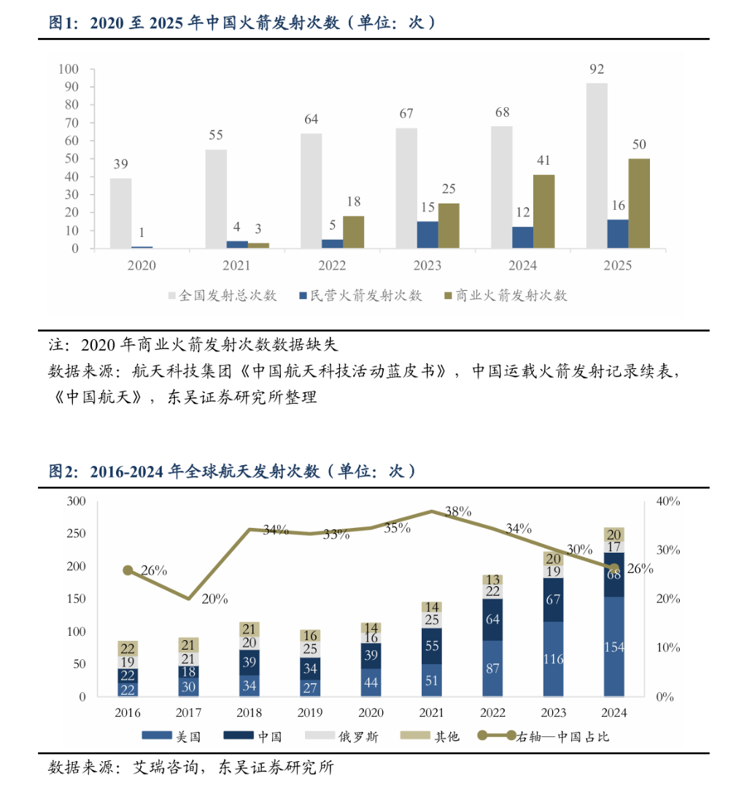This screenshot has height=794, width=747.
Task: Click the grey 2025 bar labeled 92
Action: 597,166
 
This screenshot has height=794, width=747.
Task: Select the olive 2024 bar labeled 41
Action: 543,211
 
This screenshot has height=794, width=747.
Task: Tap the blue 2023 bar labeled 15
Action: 427,235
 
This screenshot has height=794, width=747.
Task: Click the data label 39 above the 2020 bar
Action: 121,164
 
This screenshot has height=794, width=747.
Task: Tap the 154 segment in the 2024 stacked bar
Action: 614,647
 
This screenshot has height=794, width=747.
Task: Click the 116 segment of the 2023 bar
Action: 553,659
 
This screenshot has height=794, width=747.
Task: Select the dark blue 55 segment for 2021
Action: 431,646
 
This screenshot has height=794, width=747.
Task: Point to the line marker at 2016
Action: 128,570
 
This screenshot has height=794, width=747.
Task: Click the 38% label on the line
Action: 457,512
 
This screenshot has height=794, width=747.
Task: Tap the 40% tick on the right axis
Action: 668,502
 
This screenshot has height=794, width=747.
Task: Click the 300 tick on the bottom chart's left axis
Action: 76,502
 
